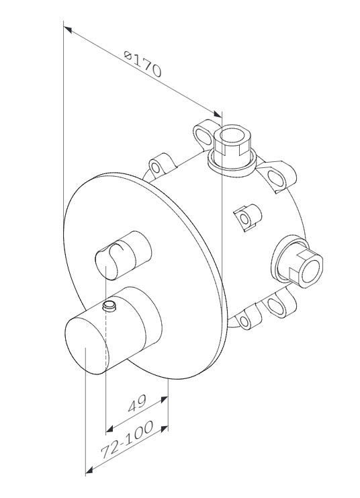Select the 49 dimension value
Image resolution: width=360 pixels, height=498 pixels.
pyautogui.click(x=137, y=403)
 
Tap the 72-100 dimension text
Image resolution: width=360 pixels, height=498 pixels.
pyautogui.click(x=127, y=440)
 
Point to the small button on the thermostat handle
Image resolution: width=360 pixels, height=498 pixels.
pyautogui.click(x=109, y=306)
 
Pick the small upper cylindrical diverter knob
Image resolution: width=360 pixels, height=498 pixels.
pyautogui.click(x=123, y=255)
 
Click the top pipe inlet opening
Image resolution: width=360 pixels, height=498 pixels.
pyautogui.click(x=232, y=137)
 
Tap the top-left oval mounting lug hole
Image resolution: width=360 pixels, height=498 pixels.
pyautogui.click(x=203, y=136)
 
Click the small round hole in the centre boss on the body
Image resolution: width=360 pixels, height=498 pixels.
pyautogui.click(x=244, y=218)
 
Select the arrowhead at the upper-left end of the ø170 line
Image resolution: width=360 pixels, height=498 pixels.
pyautogui.click(x=67, y=30)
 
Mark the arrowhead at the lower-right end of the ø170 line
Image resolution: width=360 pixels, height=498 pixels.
pyautogui.click(x=218, y=114)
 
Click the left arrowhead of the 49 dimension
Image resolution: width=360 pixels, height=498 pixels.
pyautogui.click(x=109, y=429)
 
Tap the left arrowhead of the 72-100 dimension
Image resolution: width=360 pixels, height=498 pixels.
pyautogui.click(x=89, y=470)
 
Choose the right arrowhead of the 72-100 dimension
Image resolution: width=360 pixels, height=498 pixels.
pyautogui.click(x=164, y=429)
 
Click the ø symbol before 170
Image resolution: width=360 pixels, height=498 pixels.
pyautogui.click(x=128, y=56)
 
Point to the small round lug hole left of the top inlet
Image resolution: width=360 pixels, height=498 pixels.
pyautogui.click(x=155, y=167)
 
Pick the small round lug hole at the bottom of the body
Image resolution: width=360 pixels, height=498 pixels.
pyautogui.click(x=244, y=322)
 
